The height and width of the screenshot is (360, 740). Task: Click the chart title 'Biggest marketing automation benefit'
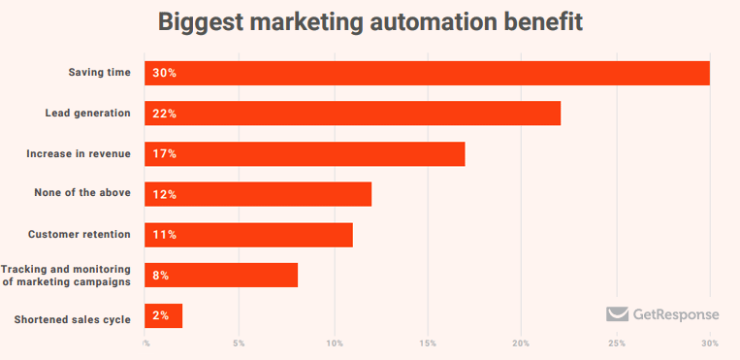pyautogui.click(x=370, y=22)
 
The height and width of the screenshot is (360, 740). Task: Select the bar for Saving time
pyautogui.click(x=427, y=73)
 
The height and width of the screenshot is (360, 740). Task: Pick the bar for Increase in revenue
pyautogui.click(x=305, y=154)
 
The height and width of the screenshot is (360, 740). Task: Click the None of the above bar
pyautogui.click(x=258, y=194)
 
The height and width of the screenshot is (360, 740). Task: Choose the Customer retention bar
pyautogui.click(x=248, y=235)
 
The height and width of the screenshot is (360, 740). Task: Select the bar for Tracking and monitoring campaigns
pyautogui.click(x=221, y=276)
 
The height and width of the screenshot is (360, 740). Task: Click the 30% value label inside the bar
pyautogui.click(x=164, y=73)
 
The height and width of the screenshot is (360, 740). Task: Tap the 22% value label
pyautogui.click(x=164, y=114)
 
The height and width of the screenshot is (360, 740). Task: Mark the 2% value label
pyautogui.click(x=161, y=316)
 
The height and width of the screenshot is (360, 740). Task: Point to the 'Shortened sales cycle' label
pyautogui.click(x=73, y=319)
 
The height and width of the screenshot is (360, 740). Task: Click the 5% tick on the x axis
pyautogui.click(x=239, y=344)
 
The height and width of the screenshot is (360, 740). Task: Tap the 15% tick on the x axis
pyautogui.click(x=428, y=344)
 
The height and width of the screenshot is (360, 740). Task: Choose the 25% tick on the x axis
pyautogui.click(x=616, y=344)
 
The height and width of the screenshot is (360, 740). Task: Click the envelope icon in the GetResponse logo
pyautogui.click(x=617, y=314)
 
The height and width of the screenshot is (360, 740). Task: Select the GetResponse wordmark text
pyautogui.click(x=676, y=314)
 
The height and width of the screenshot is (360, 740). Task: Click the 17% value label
pyautogui.click(x=164, y=154)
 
